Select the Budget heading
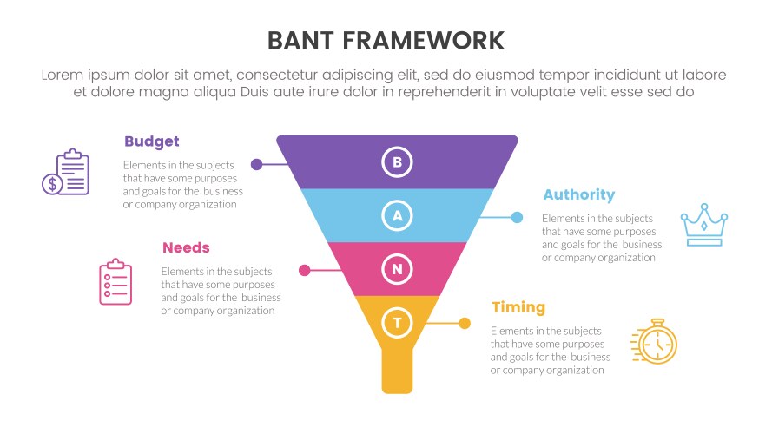(151, 141)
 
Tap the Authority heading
(578, 194)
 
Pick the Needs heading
(186, 247)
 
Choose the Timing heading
(518, 306)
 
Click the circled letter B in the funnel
(397, 161)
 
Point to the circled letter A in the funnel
(397, 215)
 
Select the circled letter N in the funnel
(397, 269)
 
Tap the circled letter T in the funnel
(397, 323)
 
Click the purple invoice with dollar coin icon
(66, 172)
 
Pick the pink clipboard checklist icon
(115, 281)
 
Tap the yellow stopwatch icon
(654, 341)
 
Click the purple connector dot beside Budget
(256, 164)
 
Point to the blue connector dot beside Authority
(517, 217)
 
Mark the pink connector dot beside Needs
(304, 271)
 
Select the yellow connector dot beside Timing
(465, 324)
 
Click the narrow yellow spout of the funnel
(397, 372)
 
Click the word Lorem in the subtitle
(63, 76)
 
